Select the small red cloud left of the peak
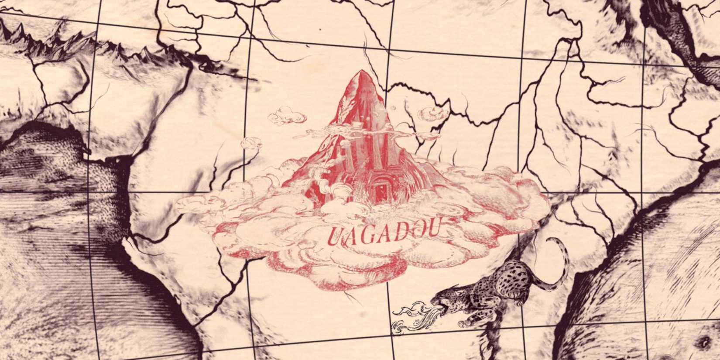tap(286, 117)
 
